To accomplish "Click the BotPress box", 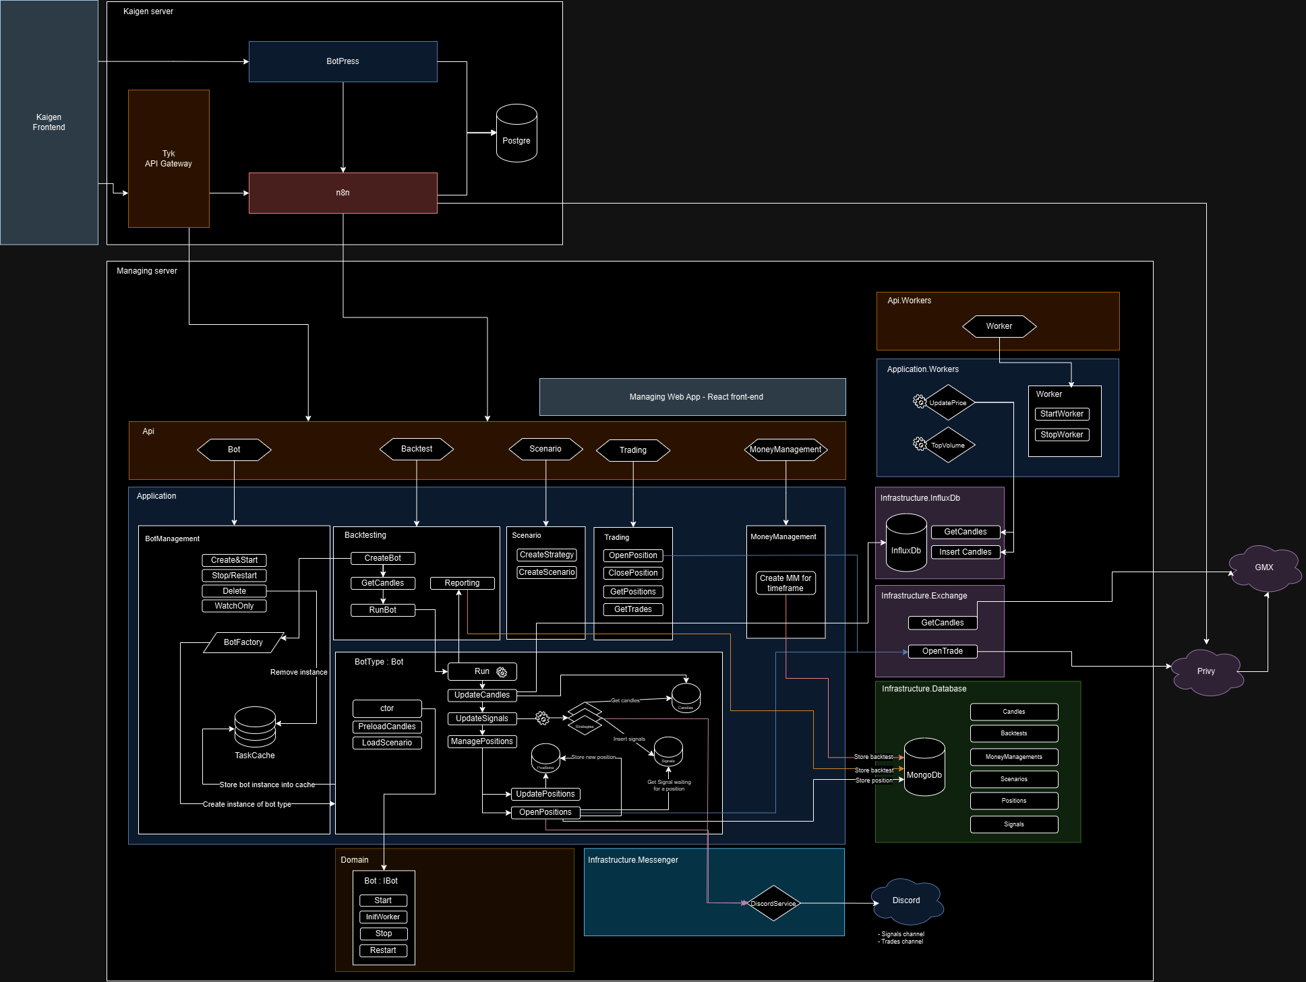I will pos(343,61).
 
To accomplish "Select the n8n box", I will pos(343,193).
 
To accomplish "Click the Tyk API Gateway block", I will pos(169,158).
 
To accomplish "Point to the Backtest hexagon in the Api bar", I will pos(417,449).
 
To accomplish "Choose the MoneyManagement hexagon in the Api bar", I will pos(785,450).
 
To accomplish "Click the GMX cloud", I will pos(1264,568).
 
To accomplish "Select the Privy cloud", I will pos(1206,671).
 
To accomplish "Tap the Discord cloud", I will pos(906,900).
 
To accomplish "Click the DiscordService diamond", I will pos(773,903).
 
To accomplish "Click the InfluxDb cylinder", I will pos(906,543).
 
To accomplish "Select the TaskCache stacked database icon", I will pos(255,727).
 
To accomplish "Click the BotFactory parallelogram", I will pos(243,642).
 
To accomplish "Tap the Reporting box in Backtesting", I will pos(462,583).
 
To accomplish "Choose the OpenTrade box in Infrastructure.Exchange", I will pos(942,651).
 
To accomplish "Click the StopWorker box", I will pos(1061,435).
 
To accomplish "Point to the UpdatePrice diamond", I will pos(948,403).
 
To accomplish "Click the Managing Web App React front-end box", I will pos(692,397).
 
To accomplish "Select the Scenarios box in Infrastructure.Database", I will pos(1013,779).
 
